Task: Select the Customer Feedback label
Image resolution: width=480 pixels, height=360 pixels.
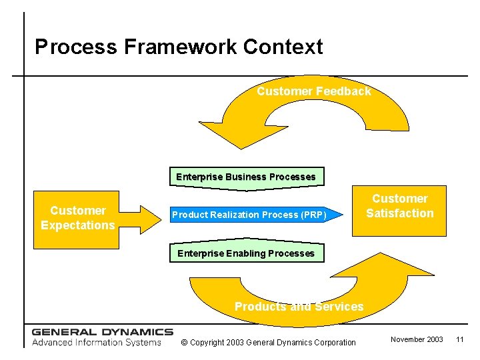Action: pyautogui.click(x=314, y=91)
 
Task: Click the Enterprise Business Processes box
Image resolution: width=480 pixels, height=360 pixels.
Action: pyautogui.click(x=246, y=177)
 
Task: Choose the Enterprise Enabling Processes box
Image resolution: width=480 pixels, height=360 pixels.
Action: pyautogui.click(x=246, y=254)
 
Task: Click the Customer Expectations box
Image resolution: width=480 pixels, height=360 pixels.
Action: pyautogui.click(x=78, y=218)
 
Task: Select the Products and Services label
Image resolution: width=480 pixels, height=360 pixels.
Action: pyautogui.click(x=299, y=307)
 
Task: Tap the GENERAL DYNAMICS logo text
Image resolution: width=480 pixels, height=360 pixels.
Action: pyautogui.click(x=102, y=331)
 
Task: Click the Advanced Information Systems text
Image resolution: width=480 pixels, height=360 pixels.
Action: pyautogui.click(x=97, y=343)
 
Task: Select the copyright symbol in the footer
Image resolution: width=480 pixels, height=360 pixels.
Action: pyautogui.click(x=185, y=343)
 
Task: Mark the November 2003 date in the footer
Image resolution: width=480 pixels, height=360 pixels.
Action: pyautogui.click(x=417, y=340)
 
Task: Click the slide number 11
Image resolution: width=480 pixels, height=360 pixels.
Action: pyautogui.click(x=459, y=340)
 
